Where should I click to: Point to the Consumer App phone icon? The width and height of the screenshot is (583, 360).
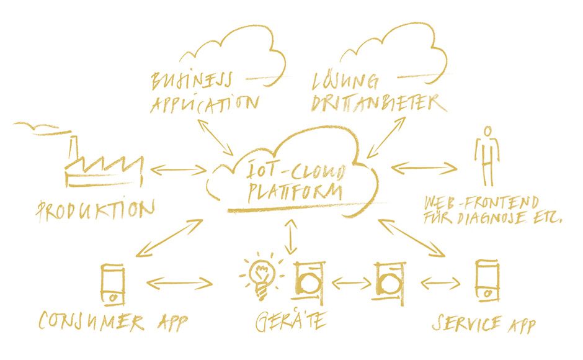click(x=112, y=284)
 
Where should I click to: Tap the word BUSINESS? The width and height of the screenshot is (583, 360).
click(x=191, y=80)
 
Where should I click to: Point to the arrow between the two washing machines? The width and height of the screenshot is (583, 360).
click(x=351, y=283)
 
